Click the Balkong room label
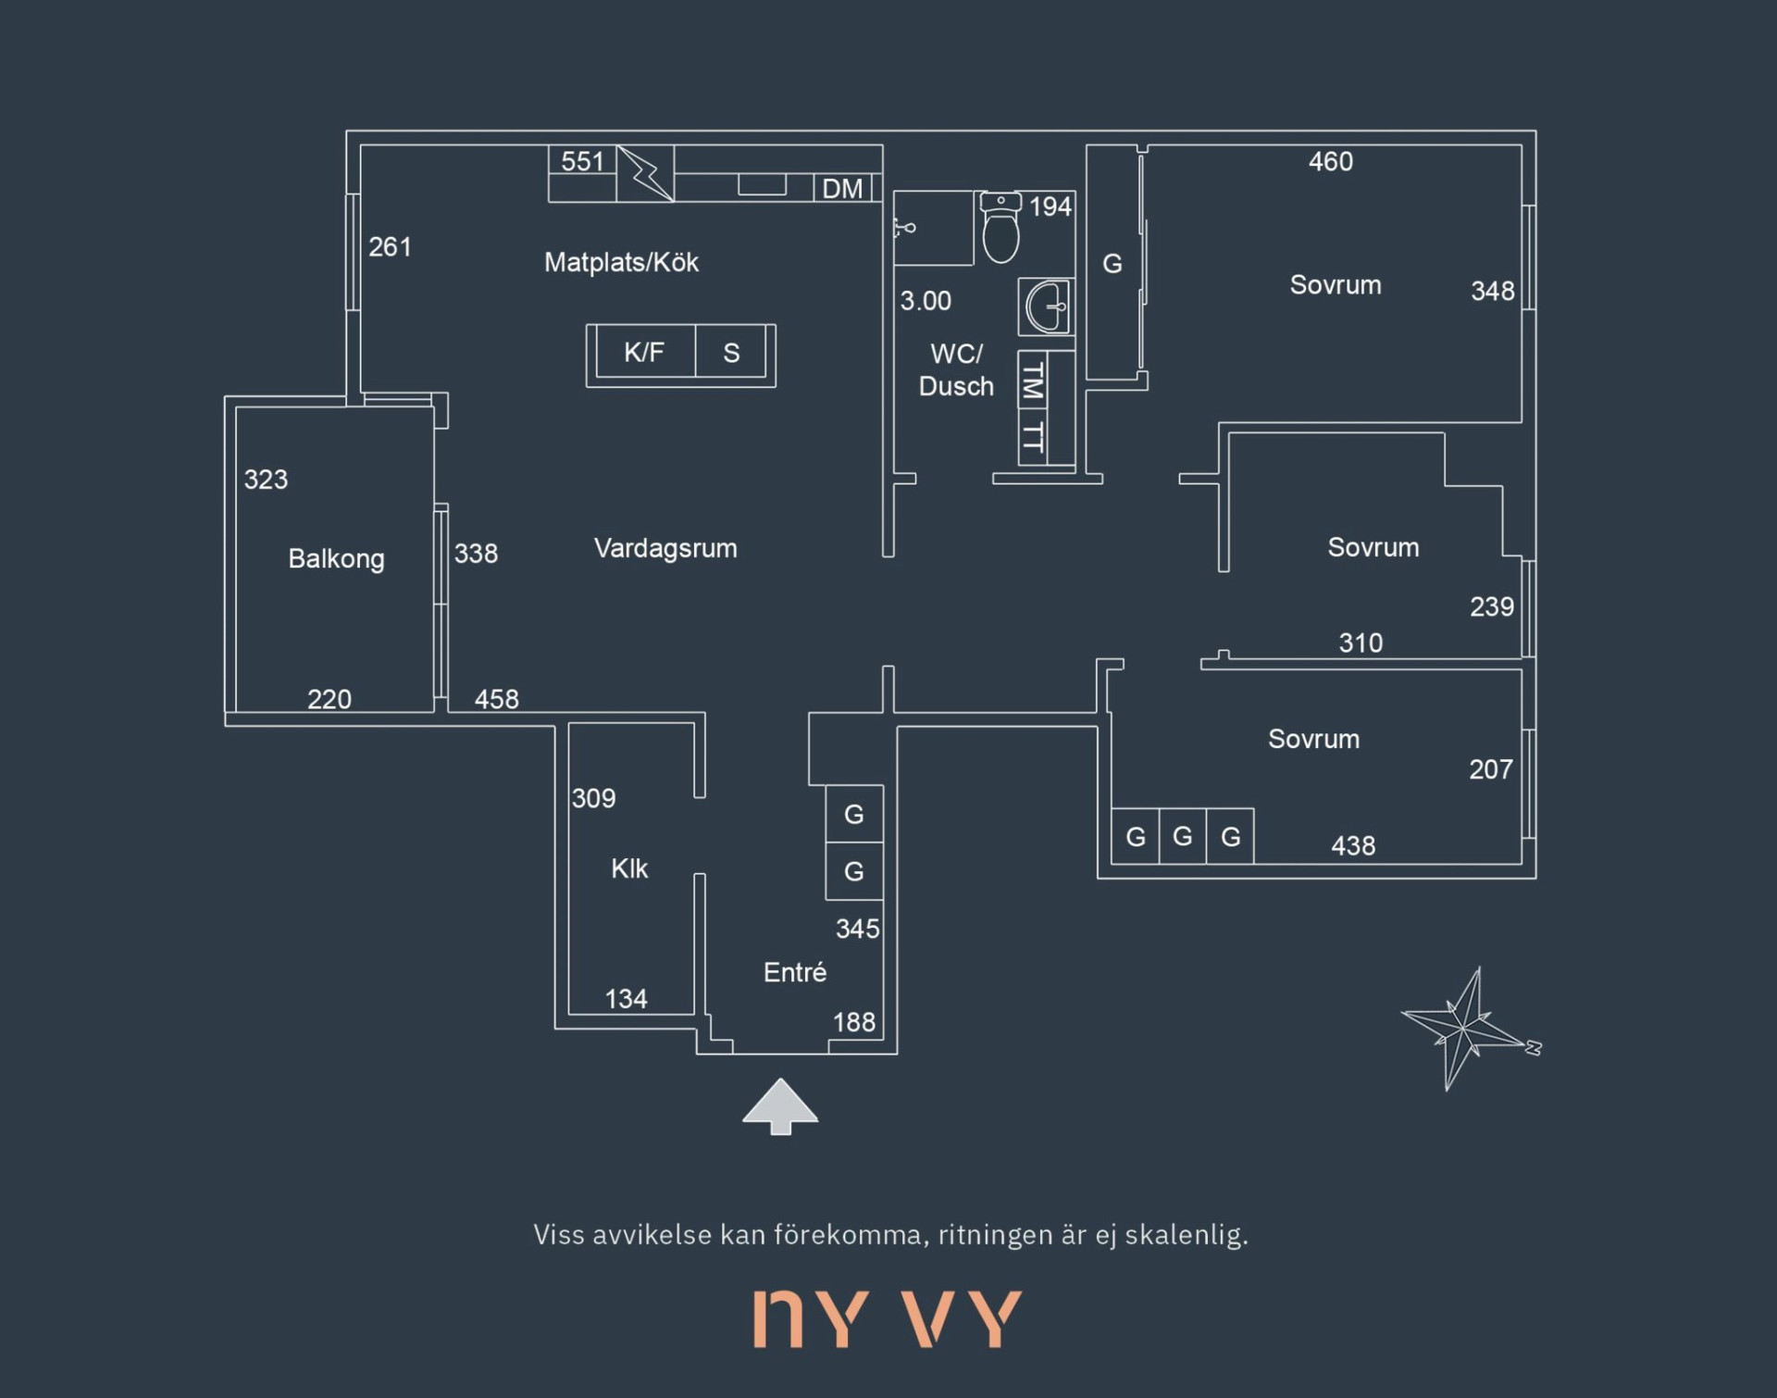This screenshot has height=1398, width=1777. [x=336, y=559]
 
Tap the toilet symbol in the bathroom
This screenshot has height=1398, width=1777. [x=1000, y=227]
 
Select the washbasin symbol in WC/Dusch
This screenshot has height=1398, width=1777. [x=1047, y=306]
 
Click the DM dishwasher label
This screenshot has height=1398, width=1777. [x=842, y=189]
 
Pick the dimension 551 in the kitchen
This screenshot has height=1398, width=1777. [x=582, y=161]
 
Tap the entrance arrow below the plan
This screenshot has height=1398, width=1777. [x=780, y=1105]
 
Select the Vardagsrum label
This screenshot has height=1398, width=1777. [x=665, y=548]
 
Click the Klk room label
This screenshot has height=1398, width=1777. [x=629, y=868]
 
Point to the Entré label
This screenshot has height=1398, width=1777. [x=794, y=972]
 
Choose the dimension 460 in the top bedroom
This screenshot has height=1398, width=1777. [x=1331, y=161]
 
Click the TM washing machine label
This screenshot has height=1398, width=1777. [x=1032, y=381]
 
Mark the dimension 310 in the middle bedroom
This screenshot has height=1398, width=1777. [x=1361, y=643]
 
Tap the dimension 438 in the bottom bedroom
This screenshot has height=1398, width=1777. [x=1353, y=845]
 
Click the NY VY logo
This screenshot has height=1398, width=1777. [x=888, y=1318]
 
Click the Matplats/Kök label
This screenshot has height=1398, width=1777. [x=621, y=262]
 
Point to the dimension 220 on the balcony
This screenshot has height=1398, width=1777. [x=329, y=699]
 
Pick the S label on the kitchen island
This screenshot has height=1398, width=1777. [x=731, y=353]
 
